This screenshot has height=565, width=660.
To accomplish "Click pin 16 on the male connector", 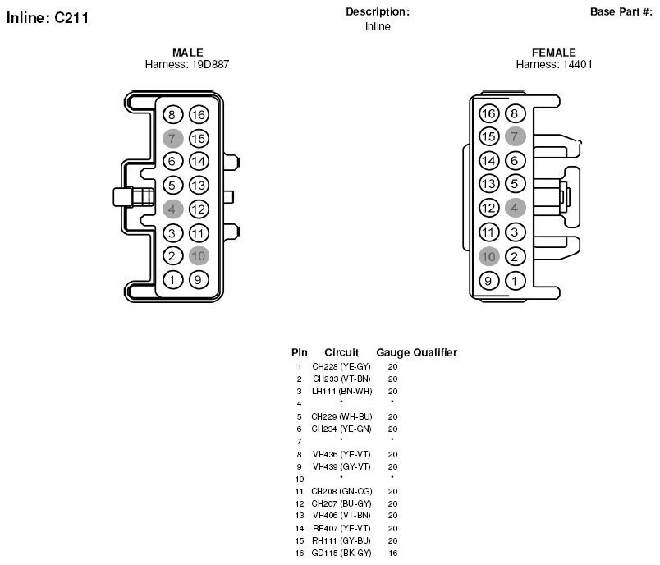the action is tap(199, 114).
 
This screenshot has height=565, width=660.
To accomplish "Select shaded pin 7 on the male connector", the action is tap(172, 139).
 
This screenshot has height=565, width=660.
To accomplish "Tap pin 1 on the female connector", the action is tap(515, 281).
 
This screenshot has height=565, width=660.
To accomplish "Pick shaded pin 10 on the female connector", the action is tap(488, 256).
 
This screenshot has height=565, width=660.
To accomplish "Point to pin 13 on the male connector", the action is tap(199, 186).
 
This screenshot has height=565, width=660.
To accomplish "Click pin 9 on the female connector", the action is tap(488, 281).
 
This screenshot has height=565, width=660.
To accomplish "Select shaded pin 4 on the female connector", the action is tap(515, 208).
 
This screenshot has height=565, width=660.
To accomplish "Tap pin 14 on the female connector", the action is tap(488, 160).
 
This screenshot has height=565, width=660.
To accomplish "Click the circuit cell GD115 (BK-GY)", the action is tap(341, 553).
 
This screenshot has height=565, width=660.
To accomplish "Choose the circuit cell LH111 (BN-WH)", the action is tap(341, 391).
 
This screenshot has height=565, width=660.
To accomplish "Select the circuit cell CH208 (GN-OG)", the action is tap(341, 491).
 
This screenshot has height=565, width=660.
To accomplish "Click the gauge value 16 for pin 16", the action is tap(392, 553).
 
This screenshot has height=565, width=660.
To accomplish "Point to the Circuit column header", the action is tap(341, 352).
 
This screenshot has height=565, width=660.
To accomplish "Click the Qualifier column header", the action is tap(435, 352).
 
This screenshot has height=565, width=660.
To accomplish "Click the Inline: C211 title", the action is tap(48, 18).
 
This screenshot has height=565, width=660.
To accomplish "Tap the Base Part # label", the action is tap(621, 11).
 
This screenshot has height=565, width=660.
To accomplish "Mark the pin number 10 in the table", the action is tap(300, 479).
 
